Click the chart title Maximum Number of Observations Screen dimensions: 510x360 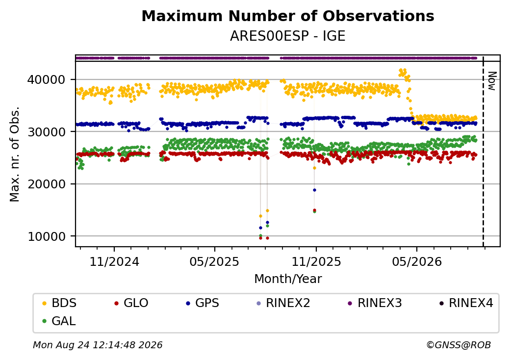pyautogui.click(x=288, y=16)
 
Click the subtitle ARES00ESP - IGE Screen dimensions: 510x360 pyautogui.click(x=287, y=36)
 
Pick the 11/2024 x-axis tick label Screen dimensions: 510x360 pyautogui.click(x=114, y=261)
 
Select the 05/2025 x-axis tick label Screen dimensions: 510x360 pyautogui.click(x=215, y=261)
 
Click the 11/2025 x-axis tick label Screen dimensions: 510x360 pyautogui.click(x=316, y=261)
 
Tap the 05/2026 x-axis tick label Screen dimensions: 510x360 pyautogui.click(x=417, y=261)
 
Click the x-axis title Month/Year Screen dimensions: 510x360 pyautogui.click(x=288, y=279)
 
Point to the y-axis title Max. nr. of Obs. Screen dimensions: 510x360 pyautogui.click(x=15, y=154)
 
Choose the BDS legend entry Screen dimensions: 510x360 pyautogui.click(x=59, y=303)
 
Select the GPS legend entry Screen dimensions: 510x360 pyautogui.click(x=203, y=303)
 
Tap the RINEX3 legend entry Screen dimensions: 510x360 pyautogui.click(x=375, y=303)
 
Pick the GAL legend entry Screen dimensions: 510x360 pyautogui.click(x=59, y=321)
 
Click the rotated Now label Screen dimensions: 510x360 pyautogui.click(x=492, y=81)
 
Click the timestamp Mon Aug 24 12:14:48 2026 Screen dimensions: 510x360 pyautogui.click(x=98, y=345)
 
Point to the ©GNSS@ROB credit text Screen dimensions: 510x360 pyautogui.click(x=459, y=345)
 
